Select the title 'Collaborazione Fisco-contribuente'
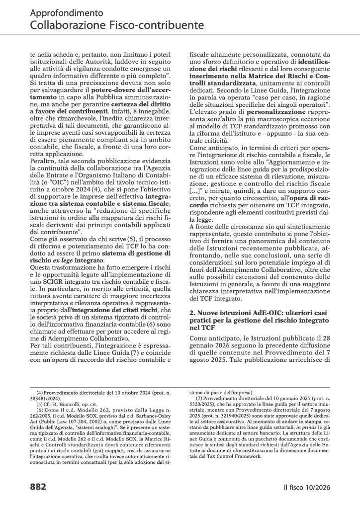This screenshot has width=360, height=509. point(116,24)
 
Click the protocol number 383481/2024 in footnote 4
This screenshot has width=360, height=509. point(49,403)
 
